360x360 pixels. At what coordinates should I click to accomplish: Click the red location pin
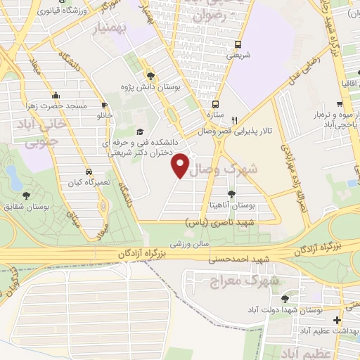pos(181,165)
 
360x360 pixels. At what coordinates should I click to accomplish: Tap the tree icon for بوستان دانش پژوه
pos(150,75)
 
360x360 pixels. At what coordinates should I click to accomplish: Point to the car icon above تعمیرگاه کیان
pos(88,172)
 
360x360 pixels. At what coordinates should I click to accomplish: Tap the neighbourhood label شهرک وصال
pos(234,169)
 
